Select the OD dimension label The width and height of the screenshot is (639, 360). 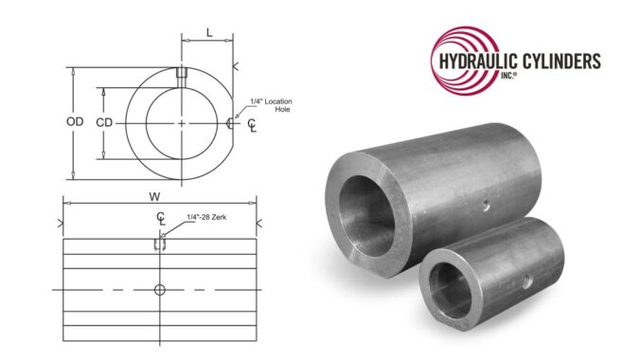[x=82, y=123]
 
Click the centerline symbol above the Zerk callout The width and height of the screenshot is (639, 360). [x=162, y=219]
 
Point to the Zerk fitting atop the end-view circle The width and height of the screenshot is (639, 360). [x=181, y=73]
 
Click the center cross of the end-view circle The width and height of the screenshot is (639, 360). [x=181, y=123]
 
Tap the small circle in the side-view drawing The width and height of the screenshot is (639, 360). [x=159, y=288]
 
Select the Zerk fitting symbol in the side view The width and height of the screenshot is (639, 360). [x=159, y=244]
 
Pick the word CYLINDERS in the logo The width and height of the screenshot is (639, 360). [x=560, y=63]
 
